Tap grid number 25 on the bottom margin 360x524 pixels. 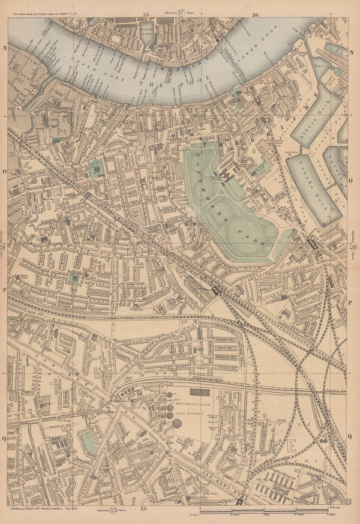click(143, 509)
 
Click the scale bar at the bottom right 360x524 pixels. click(270, 512)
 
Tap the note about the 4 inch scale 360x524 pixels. click(45, 11)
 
